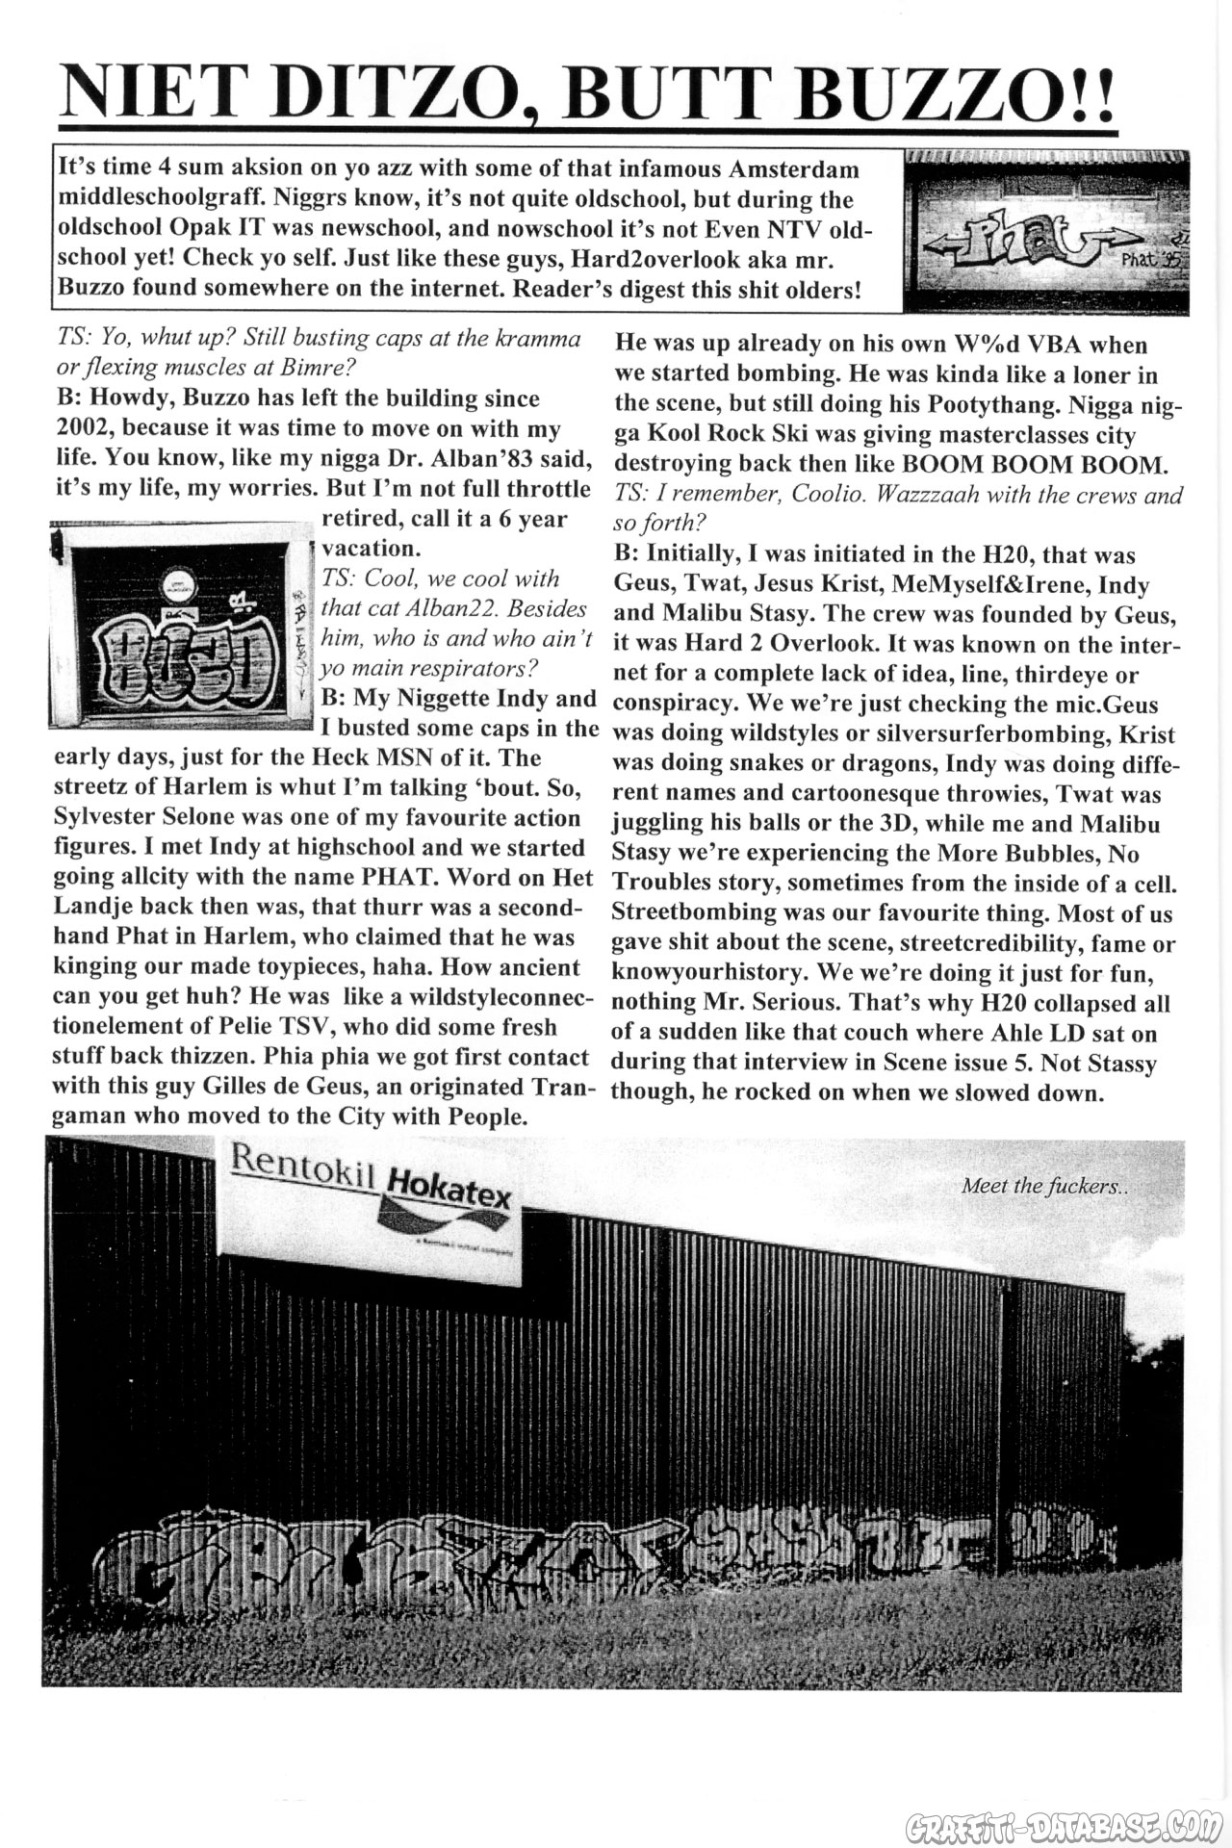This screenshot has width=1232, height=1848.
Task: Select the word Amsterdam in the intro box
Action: coord(793,169)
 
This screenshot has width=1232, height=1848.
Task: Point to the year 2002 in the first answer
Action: coord(86,428)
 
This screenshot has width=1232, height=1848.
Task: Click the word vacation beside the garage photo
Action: coord(372,549)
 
